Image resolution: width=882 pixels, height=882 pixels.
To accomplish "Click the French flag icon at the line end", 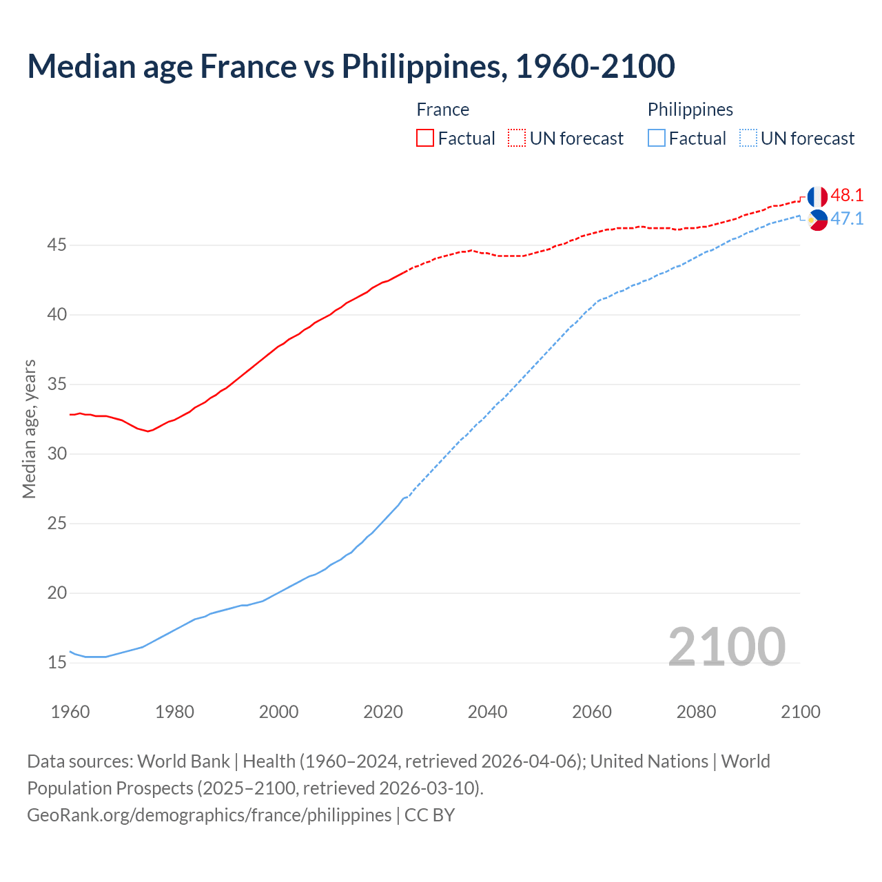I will click(817, 196).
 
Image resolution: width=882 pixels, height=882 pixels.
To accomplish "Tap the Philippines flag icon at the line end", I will click(817, 220).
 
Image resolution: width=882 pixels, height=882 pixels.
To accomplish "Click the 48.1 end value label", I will click(847, 196).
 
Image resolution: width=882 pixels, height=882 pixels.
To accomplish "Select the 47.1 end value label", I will click(847, 219).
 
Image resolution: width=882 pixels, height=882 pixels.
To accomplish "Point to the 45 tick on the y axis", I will click(57, 245).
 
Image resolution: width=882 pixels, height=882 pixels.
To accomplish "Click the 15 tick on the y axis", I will click(57, 663).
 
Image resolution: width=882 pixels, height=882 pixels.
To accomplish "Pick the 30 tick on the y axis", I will click(57, 454).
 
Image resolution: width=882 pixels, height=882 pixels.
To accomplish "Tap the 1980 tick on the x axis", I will click(174, 712).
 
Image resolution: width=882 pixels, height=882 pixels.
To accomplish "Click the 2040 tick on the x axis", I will click(487, 712).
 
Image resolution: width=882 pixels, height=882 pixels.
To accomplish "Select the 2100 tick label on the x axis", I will click(800, 712).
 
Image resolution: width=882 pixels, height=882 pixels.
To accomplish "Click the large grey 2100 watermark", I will click(726, 646).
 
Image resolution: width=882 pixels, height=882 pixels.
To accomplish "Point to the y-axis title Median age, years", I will click(29, 429).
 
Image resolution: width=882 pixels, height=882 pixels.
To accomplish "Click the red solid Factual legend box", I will click(425, 139).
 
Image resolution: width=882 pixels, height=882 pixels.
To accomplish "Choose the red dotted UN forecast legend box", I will click(517, 139).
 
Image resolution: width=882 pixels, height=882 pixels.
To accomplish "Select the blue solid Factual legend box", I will click(657, 139).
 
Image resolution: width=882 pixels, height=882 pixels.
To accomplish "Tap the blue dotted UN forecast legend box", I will click(748, 139).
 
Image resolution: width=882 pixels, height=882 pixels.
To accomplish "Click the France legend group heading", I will click(442, 110).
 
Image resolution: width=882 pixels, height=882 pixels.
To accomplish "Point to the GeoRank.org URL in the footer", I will click(209, 815).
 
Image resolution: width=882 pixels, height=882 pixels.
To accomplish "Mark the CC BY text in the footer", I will click(429, 815).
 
